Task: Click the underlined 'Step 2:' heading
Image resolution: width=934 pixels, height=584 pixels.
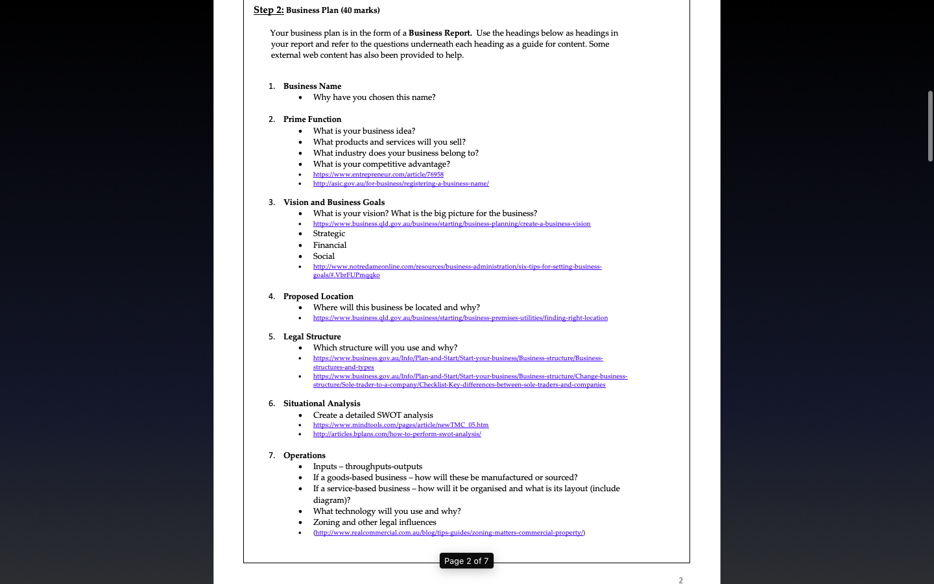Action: point(269,10)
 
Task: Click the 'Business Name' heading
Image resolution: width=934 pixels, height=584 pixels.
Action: point(312,86)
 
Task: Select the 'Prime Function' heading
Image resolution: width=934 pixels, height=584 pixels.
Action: point(312,119)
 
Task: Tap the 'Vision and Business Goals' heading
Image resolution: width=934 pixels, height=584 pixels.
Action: point(334,202)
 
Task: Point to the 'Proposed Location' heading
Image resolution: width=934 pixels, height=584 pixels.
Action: point(318,297)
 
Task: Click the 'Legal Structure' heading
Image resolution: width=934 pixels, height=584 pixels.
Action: point(312,337)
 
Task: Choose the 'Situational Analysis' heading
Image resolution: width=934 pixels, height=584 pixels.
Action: point(322,404)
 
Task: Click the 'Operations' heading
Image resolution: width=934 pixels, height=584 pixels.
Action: point(304,456)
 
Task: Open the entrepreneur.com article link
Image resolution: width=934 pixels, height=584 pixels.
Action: point(378,175)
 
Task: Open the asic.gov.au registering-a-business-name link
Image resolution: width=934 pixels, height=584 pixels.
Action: point(401,184)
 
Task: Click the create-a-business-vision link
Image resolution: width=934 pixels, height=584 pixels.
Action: point(451,224)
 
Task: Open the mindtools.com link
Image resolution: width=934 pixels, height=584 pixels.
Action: point(401,425)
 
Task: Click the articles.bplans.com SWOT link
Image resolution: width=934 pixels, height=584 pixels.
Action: point(397,434)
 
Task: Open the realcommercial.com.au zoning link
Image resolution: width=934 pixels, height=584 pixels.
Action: point(449,533)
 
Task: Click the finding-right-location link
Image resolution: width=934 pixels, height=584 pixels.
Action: point(461,318)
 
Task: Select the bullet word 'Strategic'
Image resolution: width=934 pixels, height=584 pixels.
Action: point(329,234)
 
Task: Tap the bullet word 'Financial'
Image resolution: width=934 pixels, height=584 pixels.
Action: point(329,245)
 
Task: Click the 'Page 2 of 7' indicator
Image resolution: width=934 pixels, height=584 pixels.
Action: point(466,561)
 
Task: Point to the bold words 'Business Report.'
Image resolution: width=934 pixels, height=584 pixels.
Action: point(440,33)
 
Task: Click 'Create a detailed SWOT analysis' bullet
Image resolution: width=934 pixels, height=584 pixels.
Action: point(373,415)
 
